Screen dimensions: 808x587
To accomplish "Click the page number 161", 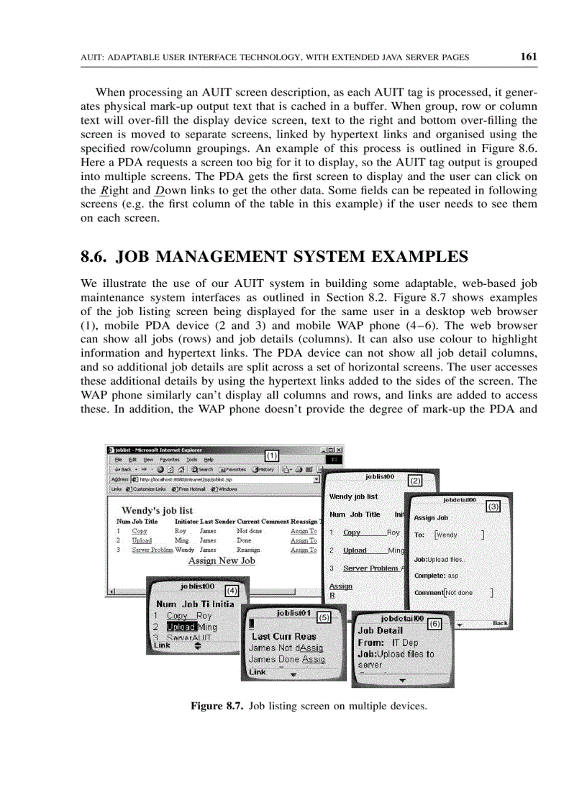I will tap(529, 57).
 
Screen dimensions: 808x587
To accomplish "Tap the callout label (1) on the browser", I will tap(271, 455).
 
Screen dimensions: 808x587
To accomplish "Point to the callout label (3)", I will tap(493, 507).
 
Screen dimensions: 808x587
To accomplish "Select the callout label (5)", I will tap(324, 617).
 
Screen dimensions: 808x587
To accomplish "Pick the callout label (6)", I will tap(434, 623).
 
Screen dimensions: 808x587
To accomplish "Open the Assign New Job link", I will tap(222, 560).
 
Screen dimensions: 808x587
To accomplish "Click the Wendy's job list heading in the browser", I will tap(157, 510).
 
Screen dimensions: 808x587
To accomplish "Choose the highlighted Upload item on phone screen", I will tap(181, 627).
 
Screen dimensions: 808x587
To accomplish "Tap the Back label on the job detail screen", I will tap(499, 623).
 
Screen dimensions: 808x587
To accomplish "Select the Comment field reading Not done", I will tap(466, 592).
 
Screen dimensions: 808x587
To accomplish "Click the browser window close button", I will tap(339, 450).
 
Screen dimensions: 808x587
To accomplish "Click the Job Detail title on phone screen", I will tap(380, 630).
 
